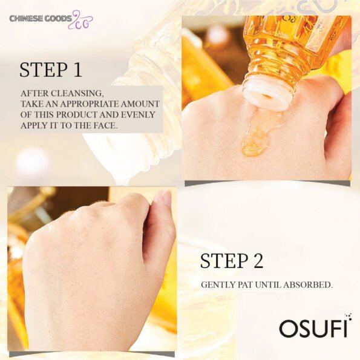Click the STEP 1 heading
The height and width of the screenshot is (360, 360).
(x=51, y=70)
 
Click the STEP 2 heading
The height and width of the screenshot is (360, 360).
(x=232, y=261)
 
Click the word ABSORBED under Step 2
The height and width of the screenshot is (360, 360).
(x=307, y=285)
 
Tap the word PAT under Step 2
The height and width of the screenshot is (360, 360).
(x=244, y=285)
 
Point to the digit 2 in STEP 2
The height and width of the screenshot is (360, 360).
(x=258, y=261)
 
